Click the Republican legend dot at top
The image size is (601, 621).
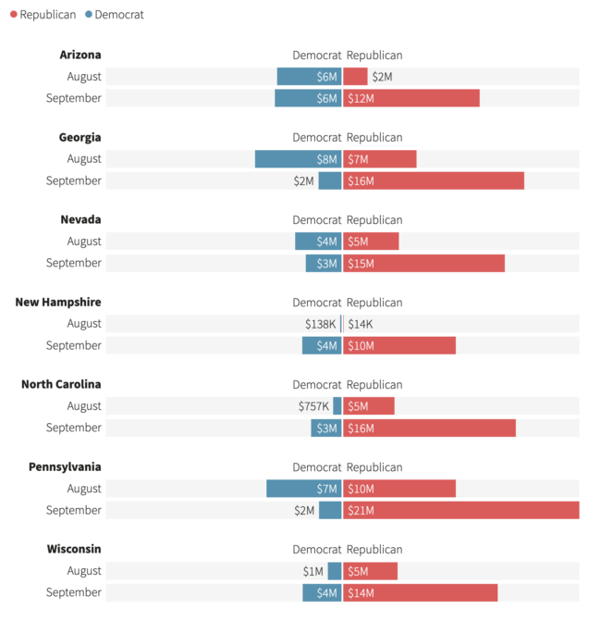[13, 15]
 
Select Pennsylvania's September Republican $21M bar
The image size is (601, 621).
[460, 510]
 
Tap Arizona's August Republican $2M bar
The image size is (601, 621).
[355, 77]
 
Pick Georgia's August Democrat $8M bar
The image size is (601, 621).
[298, 159]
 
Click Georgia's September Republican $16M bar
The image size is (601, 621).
[434, 180]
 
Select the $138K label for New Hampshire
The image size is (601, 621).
[321, 324]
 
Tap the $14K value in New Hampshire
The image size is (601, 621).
[361, 324]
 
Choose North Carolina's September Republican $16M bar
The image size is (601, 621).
[429, 428]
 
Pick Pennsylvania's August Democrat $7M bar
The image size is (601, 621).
[303, 489]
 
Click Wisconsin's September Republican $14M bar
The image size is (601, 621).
[420, 592]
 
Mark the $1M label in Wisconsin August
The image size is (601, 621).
[313, 571]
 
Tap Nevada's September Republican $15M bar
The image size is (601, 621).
[423, 263]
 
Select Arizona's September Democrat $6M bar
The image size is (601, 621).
[308, 98]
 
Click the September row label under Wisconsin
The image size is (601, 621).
[74, 592]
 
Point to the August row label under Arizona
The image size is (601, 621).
[84, 77]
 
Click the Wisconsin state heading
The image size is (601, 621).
[74, 549]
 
